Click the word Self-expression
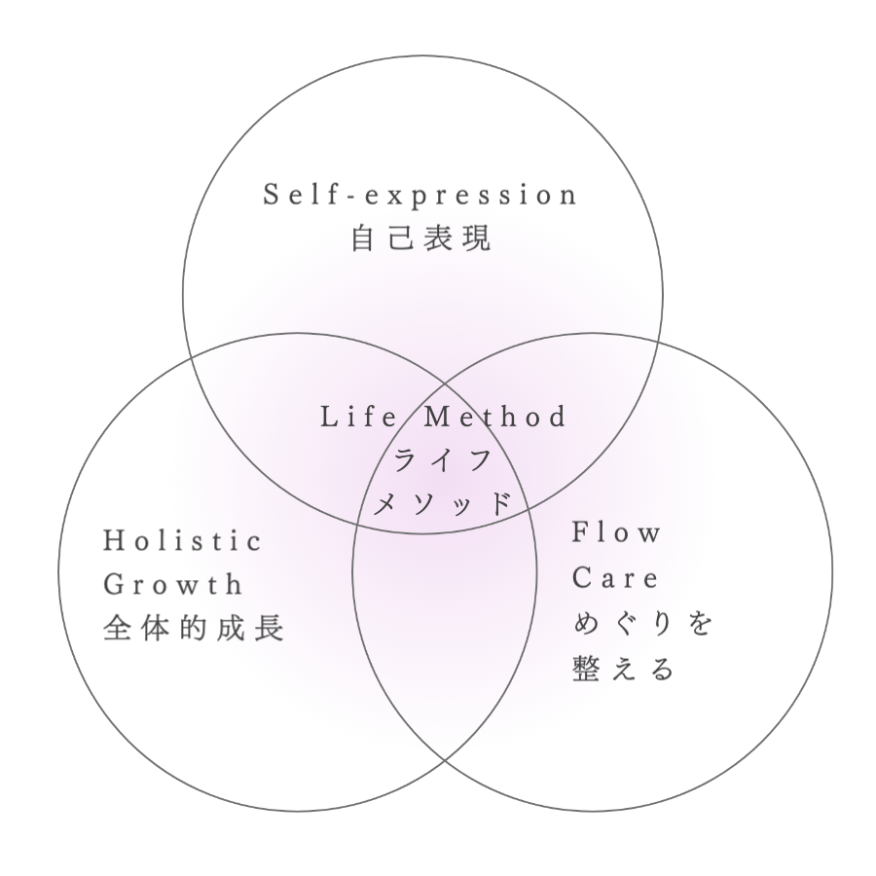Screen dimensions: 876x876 pos(420,195)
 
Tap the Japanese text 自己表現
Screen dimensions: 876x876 pos(421,238)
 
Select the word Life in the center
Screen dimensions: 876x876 pos(359,418)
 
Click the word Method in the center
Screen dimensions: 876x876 pos(495,418)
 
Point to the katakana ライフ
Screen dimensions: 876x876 pos(442,460)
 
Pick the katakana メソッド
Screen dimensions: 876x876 pos(442,504)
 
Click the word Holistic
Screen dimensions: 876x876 pos(183,541)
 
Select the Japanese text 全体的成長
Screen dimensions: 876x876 pos(194,628)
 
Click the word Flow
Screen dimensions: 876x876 pos(616,531)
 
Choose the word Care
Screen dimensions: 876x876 pos(615,577)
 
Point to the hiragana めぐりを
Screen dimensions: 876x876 pos(642,623)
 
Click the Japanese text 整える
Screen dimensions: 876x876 pos(624,669)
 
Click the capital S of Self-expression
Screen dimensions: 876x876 pos(271,195)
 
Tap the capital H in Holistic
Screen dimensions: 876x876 pos(114,541)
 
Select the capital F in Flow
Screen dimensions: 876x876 pos(580,531)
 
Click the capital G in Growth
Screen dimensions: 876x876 pos(114,584)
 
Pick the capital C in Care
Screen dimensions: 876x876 pos(582,577)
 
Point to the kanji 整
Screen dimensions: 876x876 pos(586,669)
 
